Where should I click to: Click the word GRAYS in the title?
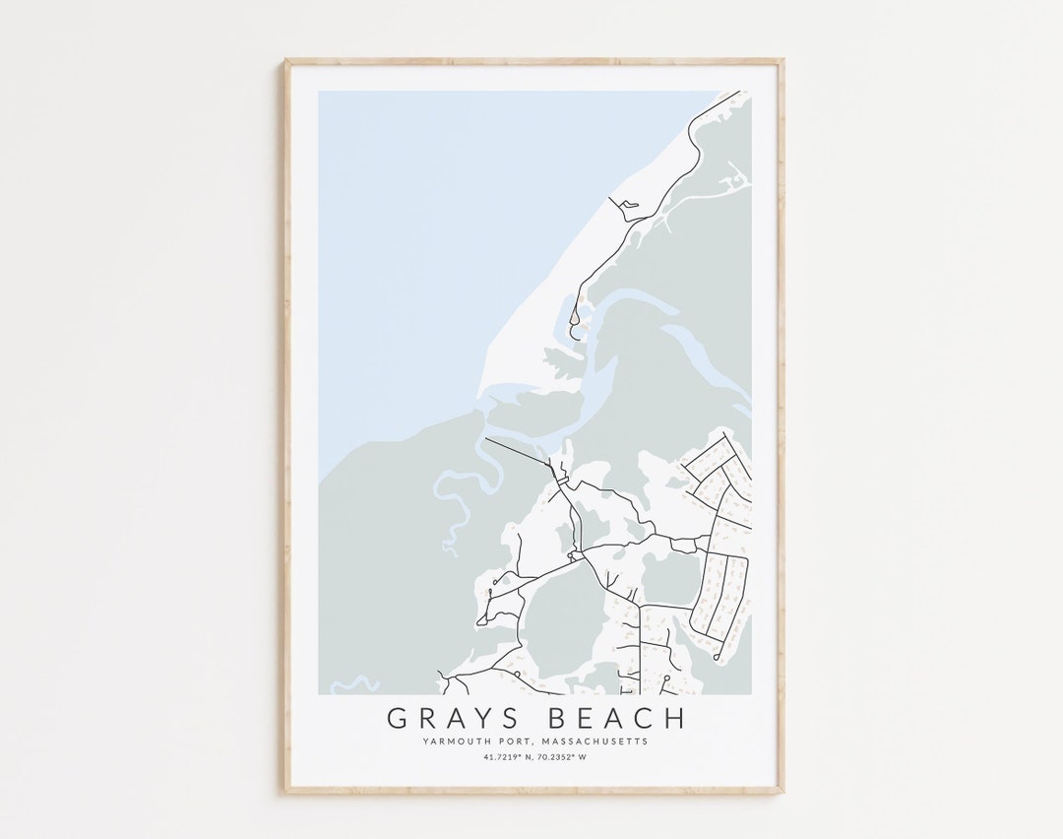(446, 717)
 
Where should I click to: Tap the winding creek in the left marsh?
(452, 502)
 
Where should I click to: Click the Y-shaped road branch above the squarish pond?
(621, 513)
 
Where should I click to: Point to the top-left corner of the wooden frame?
(286, 61)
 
